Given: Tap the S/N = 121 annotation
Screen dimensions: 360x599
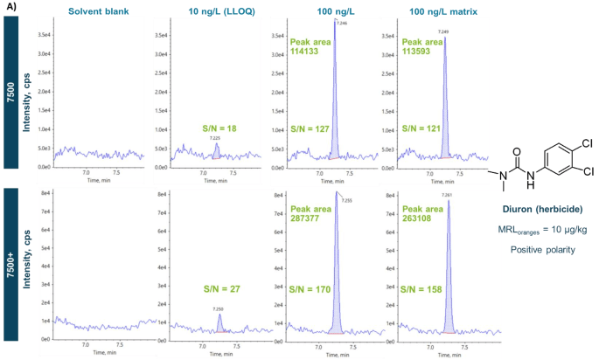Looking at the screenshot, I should (x=422, y=129).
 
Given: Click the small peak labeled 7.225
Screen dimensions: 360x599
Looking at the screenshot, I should (x=216, y=145).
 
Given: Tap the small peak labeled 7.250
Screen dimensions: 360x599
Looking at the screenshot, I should (x=219, y=315).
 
